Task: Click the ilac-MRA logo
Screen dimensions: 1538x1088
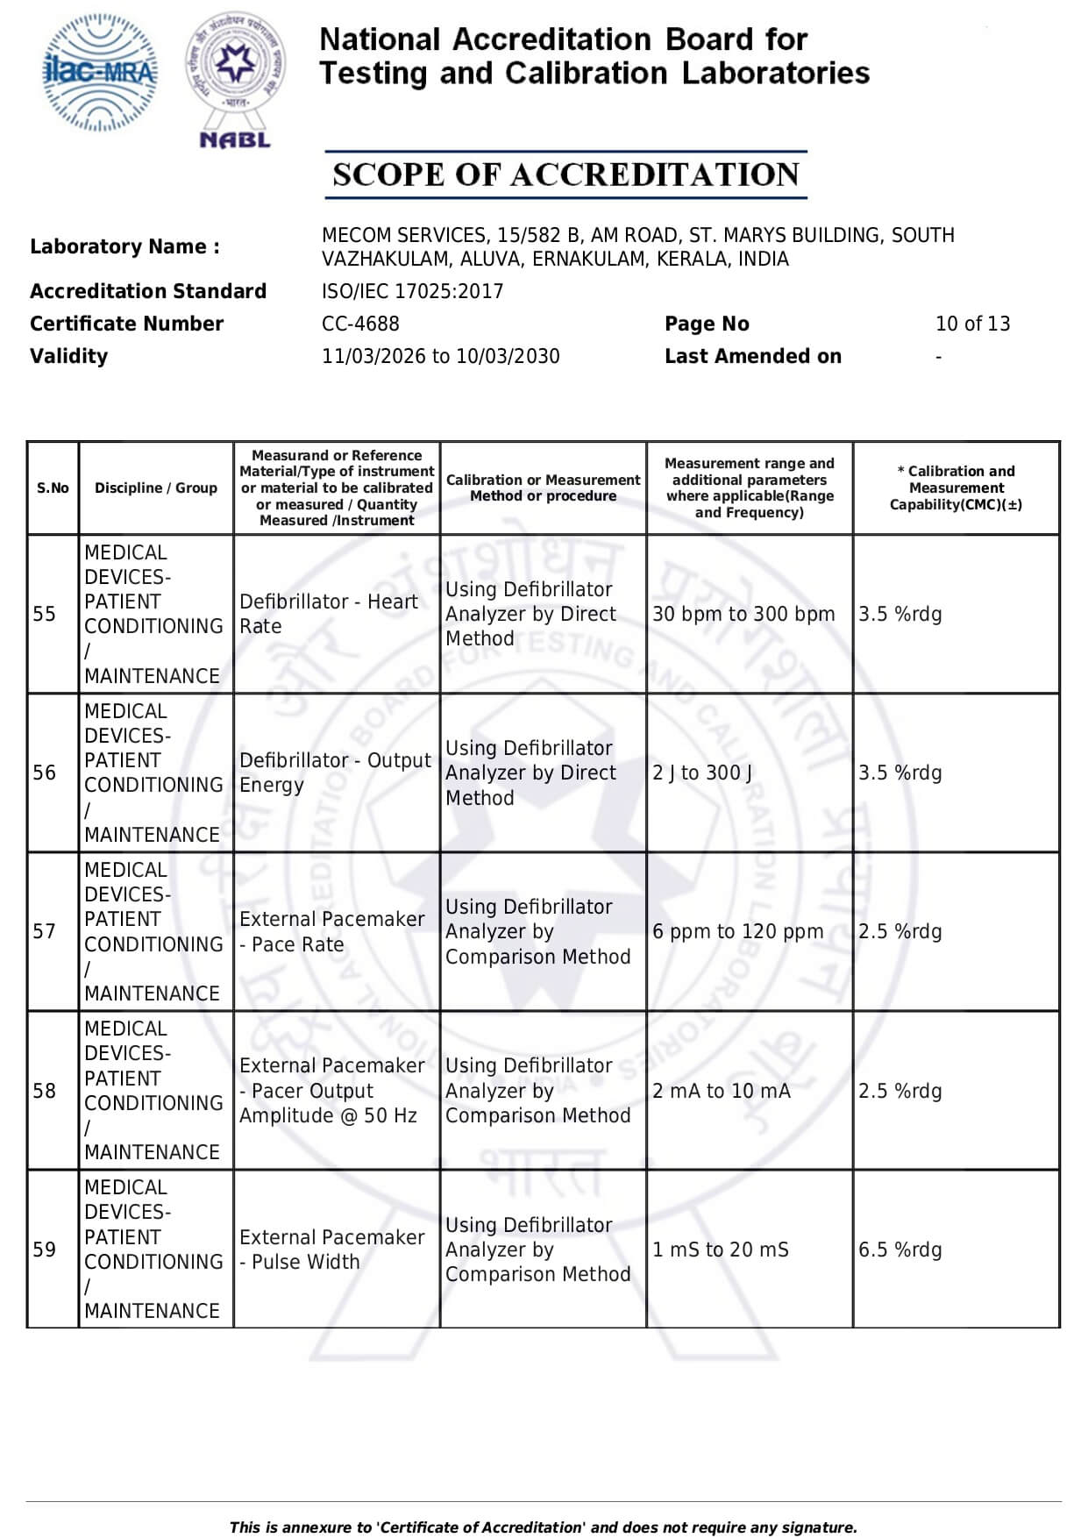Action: tap(101, 73)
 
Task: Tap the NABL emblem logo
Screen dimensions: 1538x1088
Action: tap(235, 79)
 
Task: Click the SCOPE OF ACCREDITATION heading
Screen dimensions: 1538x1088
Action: tap(565, 174)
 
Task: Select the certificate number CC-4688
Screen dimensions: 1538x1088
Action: tap(360, 324)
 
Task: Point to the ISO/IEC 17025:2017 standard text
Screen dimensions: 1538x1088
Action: tap(412, 291)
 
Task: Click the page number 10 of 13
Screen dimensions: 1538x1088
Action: tap(972, 324)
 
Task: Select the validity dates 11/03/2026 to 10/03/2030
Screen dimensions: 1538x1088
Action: tap(440, 356)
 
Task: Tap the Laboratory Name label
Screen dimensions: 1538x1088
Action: tap(124, 246)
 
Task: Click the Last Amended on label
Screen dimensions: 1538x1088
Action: tap(752, 356)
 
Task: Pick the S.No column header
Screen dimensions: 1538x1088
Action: tap(53, 488)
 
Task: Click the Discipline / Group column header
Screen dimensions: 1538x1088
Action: tap(156, 488)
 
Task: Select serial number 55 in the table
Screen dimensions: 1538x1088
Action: tap(45, 614)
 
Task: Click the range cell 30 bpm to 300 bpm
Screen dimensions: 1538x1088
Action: tap(743, 614)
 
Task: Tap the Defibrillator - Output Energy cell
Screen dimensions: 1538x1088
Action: tap(335, 773)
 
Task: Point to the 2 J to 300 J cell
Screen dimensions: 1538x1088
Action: tap(702, 773)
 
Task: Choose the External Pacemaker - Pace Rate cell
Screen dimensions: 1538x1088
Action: tap(331, 931)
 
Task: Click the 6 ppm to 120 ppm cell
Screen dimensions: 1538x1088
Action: tap(737, 931)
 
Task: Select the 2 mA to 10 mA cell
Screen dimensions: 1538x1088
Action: tap(721, 1091)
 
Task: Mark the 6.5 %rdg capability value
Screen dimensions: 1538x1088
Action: tap(900, 1250)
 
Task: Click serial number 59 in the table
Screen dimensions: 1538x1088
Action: tap(45, 1250)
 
